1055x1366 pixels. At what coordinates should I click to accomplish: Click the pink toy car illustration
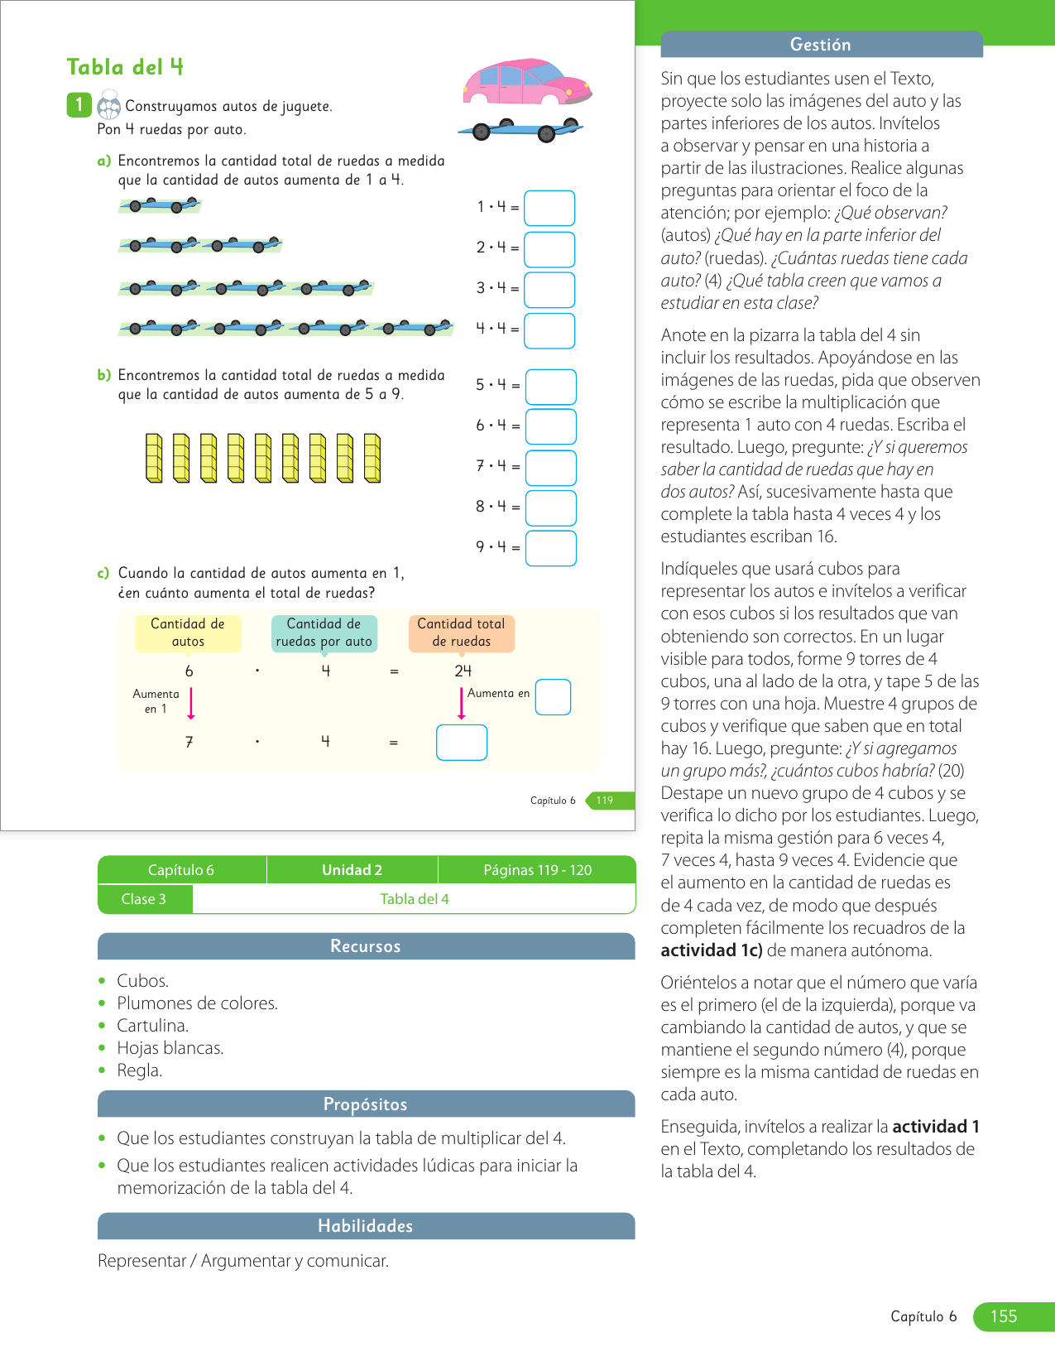pos(526,81)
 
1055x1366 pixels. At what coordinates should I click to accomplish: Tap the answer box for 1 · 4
pos(549,208)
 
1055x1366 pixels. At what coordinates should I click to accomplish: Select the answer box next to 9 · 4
pos(551,548)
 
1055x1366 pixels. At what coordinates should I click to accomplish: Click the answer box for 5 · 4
pos(551,387)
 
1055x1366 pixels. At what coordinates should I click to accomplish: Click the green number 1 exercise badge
pos(79,105)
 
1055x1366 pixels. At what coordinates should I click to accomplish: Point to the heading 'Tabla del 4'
pos(125,67)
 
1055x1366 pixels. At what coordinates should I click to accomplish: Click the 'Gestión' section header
pos(821,45)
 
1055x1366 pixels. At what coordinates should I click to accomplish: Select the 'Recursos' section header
pos(366,946)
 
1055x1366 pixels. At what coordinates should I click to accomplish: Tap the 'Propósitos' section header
pos(366,1104)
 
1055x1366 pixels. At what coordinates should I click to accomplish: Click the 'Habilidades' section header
pos(366,1226)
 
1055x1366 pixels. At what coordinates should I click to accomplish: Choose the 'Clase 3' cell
pos(144,899)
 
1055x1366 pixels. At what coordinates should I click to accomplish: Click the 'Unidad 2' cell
pos(352,870)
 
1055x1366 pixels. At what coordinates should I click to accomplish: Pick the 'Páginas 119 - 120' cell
pos(538,870)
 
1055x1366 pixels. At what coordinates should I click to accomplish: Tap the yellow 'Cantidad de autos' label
pos(188,632)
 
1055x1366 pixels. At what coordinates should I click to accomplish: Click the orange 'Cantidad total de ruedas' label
pos(462,632)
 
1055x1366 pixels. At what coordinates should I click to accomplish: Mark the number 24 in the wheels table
pos(463,671)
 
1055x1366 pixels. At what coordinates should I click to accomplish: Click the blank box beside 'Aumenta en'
pos(553,697)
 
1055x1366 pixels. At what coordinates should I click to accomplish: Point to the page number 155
pos(1004,1316)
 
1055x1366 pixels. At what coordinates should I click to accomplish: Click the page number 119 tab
pos(605,801)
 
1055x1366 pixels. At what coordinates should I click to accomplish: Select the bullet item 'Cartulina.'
pos(153,1026)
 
